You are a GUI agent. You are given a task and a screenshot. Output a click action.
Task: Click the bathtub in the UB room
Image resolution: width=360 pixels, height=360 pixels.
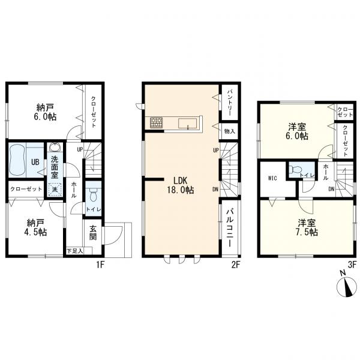17,160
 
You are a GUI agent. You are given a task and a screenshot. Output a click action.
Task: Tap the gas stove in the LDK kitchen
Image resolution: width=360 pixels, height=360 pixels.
157,122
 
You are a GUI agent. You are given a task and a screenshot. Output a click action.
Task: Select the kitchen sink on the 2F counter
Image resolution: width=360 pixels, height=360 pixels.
188,124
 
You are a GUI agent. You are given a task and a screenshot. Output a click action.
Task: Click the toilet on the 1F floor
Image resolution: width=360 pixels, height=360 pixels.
93,195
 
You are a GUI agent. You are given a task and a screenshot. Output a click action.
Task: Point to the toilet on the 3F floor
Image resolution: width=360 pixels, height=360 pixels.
296,169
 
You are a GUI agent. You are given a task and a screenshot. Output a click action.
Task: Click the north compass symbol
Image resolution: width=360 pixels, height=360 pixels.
347,286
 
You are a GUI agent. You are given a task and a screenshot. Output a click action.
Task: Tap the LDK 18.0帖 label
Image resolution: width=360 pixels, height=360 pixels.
181,185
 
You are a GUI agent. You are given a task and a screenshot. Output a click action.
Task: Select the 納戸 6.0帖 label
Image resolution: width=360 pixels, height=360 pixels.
45,112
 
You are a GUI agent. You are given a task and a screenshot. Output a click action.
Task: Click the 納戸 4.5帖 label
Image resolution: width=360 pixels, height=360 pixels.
35,227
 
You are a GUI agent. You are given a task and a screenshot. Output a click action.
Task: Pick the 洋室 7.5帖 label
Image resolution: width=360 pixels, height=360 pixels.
307,227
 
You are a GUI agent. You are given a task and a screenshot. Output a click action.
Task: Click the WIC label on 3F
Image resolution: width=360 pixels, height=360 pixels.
272,178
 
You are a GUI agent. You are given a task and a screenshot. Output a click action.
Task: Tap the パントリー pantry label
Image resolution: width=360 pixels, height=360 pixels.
229,103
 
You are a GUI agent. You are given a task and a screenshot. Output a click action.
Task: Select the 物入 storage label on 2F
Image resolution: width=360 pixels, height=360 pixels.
230,131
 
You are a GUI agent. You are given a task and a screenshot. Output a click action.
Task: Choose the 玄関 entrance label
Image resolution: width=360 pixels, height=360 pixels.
93,233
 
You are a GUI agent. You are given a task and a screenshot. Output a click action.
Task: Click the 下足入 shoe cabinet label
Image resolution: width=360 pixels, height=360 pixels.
74,251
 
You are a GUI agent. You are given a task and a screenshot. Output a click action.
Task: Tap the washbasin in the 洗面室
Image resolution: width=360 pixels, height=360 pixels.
55,147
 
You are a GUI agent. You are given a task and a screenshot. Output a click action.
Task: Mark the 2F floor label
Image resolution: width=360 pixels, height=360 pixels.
236,265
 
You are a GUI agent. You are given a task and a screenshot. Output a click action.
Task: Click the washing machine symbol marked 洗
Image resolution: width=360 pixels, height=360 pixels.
55,190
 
